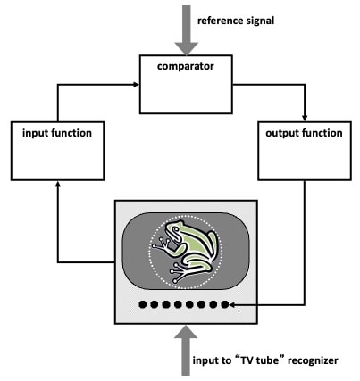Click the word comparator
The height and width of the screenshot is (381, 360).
point(186,66)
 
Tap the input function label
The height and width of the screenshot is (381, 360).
point(57,133)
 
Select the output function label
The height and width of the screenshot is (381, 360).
point(304,133)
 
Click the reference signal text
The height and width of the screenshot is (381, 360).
point(236,21)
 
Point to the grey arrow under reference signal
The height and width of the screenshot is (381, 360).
point(187,29)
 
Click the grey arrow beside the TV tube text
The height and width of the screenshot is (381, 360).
point(186,351)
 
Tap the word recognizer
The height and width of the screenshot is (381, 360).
point(313,360)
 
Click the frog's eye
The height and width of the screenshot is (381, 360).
point(176,229)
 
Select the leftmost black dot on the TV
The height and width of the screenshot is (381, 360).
point(143,304)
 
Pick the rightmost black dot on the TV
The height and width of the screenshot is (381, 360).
point(225,304)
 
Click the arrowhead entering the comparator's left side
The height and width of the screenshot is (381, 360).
point(137,85)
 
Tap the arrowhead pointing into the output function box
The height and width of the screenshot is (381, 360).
point(305,119)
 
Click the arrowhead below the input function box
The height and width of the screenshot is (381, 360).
point(58,184)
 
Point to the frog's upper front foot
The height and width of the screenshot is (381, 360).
point(160,244)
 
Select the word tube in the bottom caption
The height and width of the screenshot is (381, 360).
point(267,360)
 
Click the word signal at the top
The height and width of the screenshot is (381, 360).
point(260,21)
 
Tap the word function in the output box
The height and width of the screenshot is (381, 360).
point(322,133)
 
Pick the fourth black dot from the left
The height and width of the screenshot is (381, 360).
point(178,304)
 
